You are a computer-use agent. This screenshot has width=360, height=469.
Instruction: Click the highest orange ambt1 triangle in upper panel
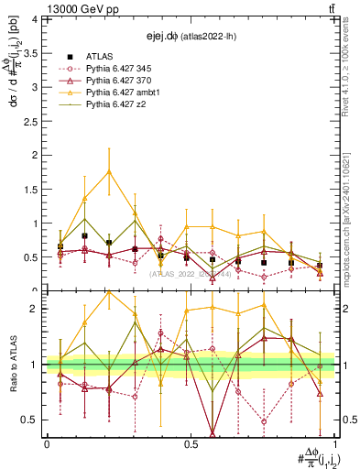[x=110, y=171]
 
